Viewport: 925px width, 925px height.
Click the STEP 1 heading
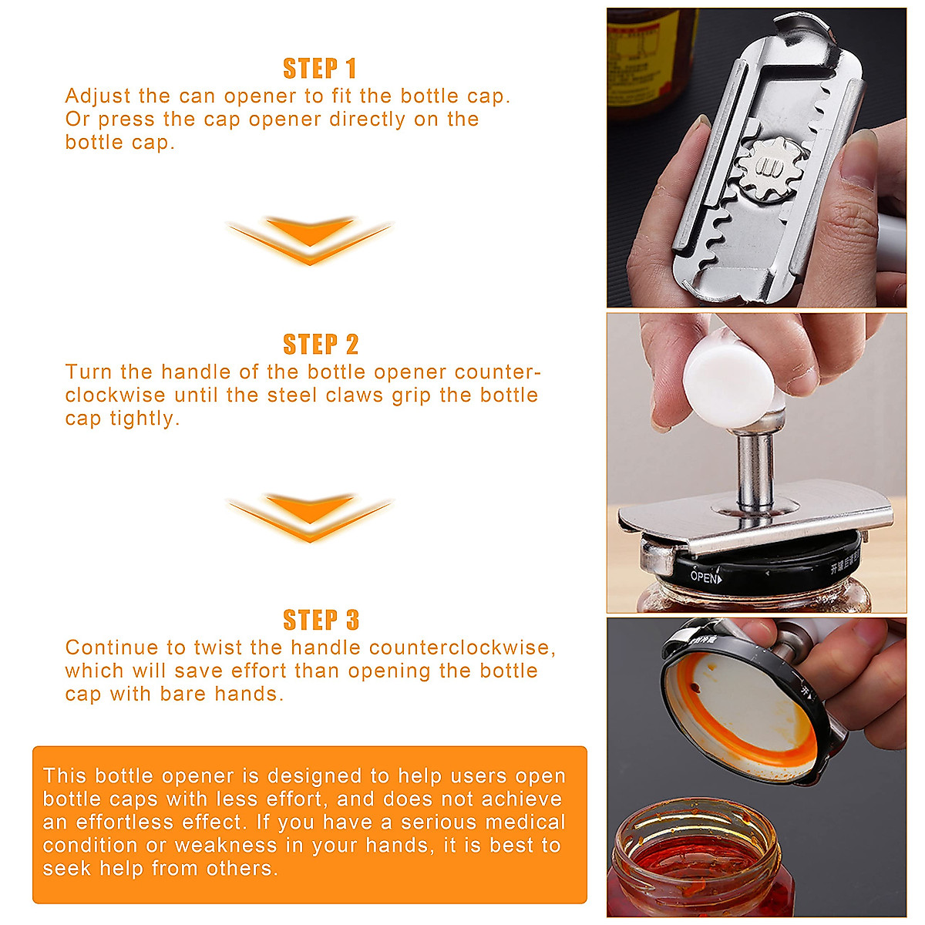[x=319, y=68]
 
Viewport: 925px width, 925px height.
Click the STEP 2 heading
[x=321, y=344]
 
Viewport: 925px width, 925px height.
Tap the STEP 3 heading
[x=321, y=620]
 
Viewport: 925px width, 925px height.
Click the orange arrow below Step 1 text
[x=310, y=240]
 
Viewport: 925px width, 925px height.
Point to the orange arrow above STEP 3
[x=310, y=517]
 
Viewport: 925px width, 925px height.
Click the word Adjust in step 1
[x=98, y=96]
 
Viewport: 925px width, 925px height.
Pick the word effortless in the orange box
[x=125, y=822]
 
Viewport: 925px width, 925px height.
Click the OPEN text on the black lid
[x=705, y=577]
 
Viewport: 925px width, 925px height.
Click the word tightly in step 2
[x=146, y=419]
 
